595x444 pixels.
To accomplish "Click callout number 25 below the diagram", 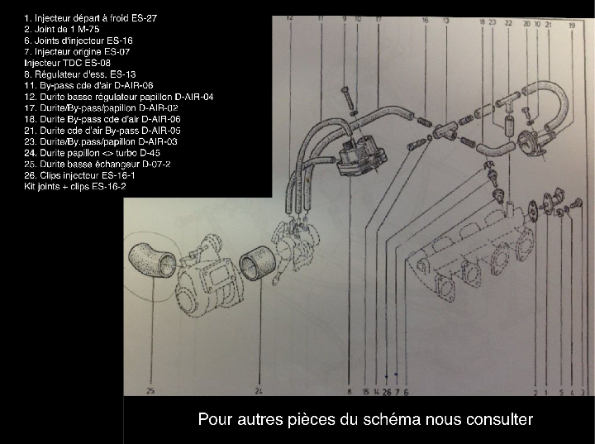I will pyautogui.click(x=150, y=390).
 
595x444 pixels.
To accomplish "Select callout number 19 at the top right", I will pyautogui.click(x=572, y=26).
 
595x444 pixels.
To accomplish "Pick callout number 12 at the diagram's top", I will pyautogui.click(x=289, y=17).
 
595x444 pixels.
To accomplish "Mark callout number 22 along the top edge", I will pyautogui.click(x=507, y=24).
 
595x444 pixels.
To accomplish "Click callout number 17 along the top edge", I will pyautogui.click(x=378, y=18).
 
